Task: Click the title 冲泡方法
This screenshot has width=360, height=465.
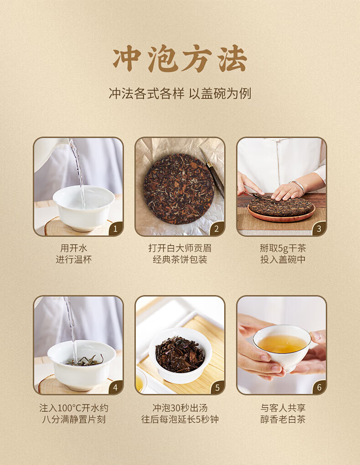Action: coord(180,58)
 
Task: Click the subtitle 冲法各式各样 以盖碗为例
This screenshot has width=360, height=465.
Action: coord(180,93)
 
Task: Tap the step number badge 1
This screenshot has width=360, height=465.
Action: coord(115,229)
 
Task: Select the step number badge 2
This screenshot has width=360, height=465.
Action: coord(217,229)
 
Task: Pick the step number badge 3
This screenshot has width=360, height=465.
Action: coord(319,229)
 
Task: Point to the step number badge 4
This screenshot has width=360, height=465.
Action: coord(115,387)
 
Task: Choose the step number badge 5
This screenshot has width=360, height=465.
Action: coord(217,387)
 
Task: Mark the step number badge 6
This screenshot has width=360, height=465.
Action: coord(319,387)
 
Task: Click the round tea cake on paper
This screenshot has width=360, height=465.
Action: coord(179,189)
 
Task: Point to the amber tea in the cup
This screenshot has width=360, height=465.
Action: coord(282,344)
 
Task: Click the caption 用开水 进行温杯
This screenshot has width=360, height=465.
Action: coord(74,254)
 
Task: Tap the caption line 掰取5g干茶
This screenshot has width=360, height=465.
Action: coord(283,248)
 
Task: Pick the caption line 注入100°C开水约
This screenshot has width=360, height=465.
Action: coord(74,408)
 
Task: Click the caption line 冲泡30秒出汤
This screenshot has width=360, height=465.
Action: coord(180,408)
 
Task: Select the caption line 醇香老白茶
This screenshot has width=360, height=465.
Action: coord(283,419)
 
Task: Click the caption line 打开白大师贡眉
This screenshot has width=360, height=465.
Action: coord(180,248)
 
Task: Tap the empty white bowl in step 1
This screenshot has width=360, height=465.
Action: coord(84,208)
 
